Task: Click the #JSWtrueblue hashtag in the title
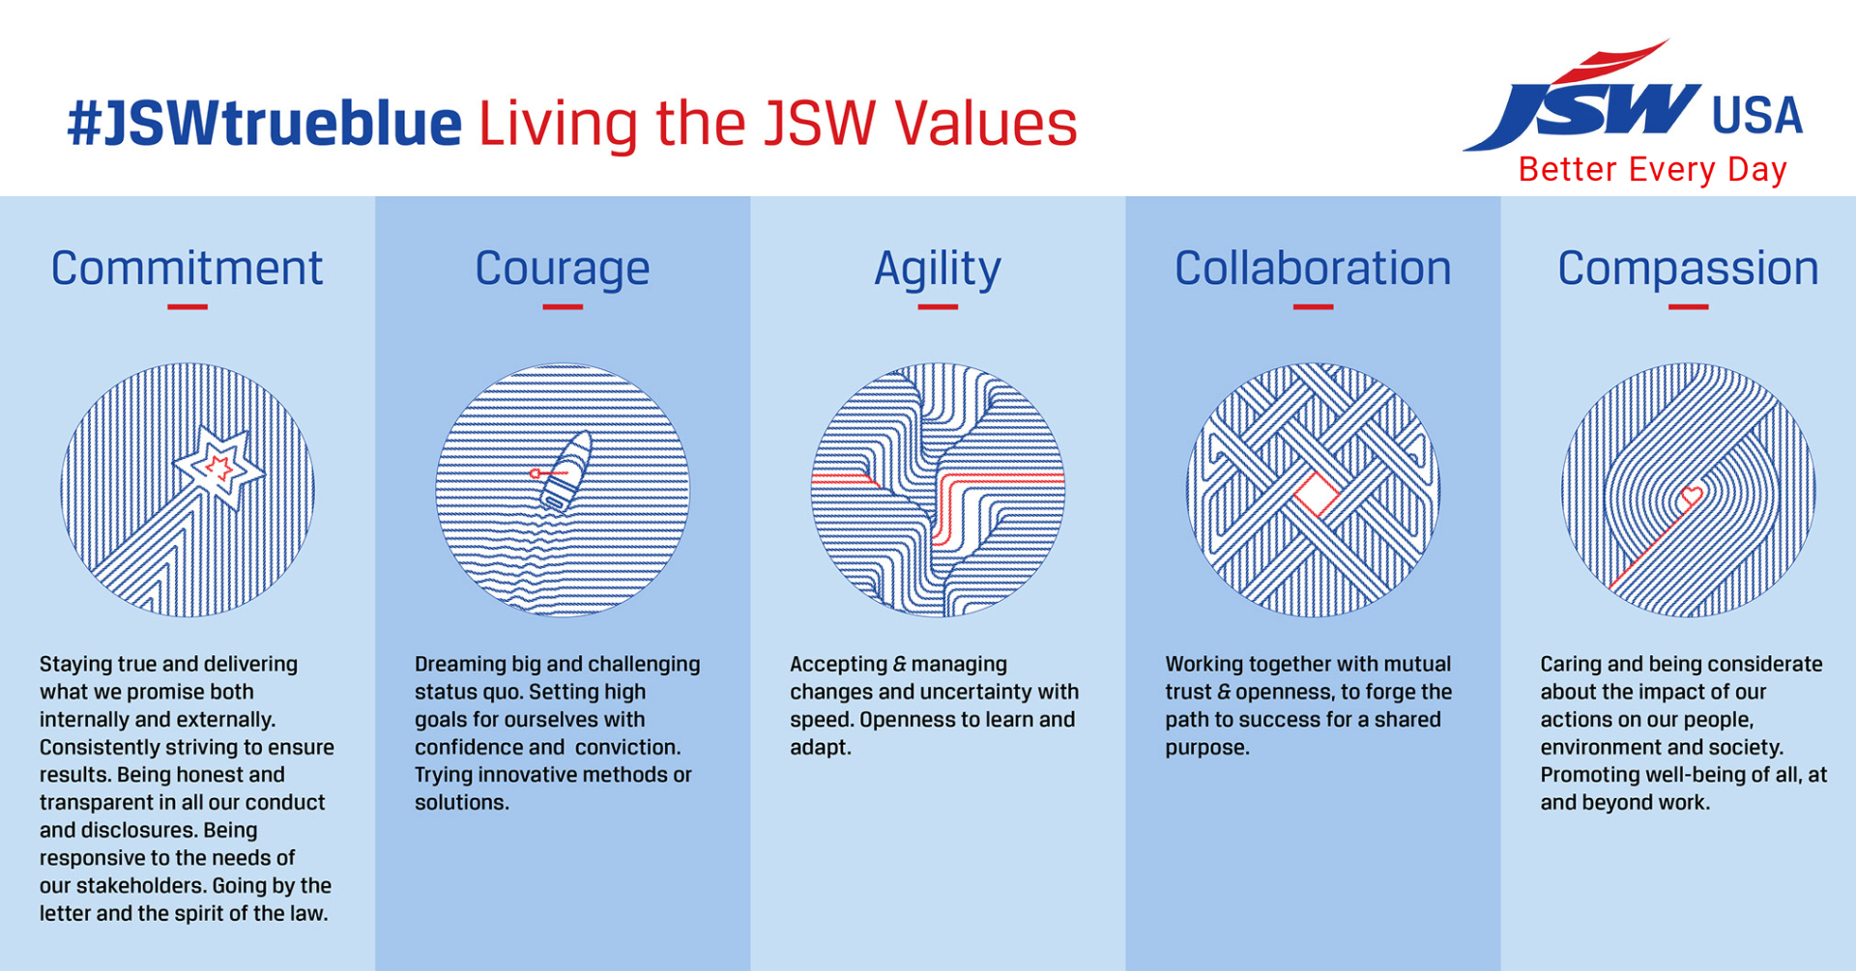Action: [264, 124]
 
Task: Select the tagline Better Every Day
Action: [1652, 170]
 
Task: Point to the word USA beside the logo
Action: [1756, 116]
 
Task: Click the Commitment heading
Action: [187, 268]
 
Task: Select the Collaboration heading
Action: [1313, 268]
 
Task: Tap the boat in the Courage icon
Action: [565, 471]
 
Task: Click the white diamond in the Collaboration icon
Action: [1316, 496]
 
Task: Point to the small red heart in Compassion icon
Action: [1692, 497]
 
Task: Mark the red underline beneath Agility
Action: [938, 307]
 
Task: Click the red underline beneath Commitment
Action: [187, 307]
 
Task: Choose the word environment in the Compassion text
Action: [1601, 748]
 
